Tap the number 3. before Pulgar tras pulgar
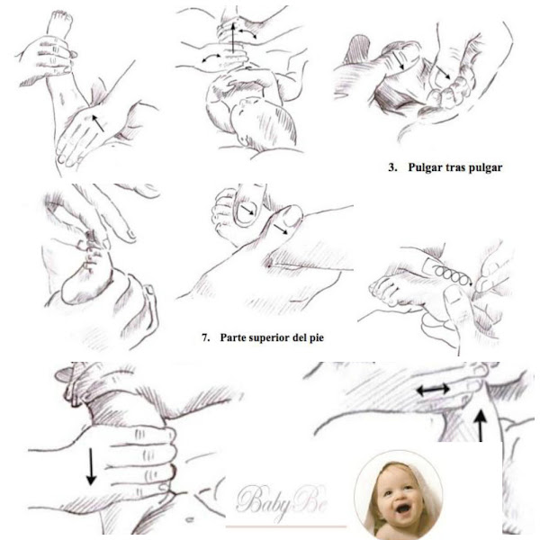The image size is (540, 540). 393,167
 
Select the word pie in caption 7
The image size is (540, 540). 316,338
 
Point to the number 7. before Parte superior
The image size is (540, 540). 205,337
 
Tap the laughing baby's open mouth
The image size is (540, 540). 402,508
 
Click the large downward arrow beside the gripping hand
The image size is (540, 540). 91,466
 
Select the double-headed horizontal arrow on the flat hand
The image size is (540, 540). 433,390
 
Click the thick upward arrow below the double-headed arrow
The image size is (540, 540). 481,425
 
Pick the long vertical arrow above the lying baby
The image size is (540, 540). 233,37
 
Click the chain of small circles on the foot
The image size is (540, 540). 452,274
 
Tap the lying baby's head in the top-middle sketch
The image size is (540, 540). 263,123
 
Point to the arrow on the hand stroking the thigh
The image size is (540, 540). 97,123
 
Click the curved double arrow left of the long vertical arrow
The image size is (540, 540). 212,58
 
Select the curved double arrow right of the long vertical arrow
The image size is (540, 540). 247,33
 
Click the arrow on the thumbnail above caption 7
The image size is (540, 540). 247,210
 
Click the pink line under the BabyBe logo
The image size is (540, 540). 286,526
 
